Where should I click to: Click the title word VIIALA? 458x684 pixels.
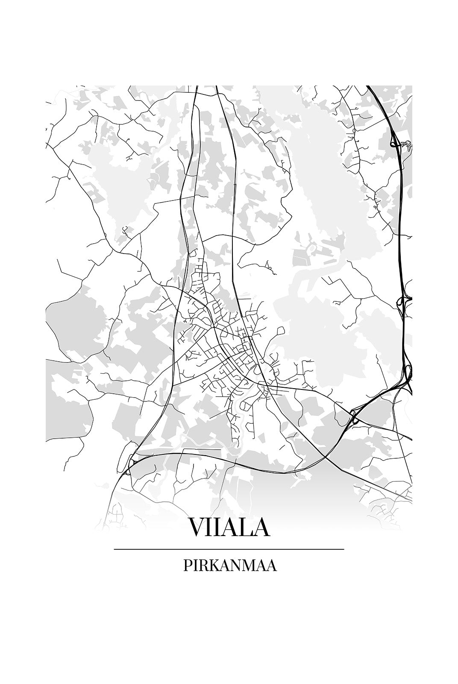pos(229,528)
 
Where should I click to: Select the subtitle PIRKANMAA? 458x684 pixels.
pos(229,565)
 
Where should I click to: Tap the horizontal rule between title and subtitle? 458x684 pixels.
pos(229,549)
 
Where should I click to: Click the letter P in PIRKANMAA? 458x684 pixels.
pos(187,565)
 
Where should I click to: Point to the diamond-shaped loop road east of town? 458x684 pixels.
pos(280,331)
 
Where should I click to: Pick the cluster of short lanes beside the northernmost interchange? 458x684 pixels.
pos(408,146)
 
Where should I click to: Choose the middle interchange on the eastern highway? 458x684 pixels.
pos(403,302)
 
